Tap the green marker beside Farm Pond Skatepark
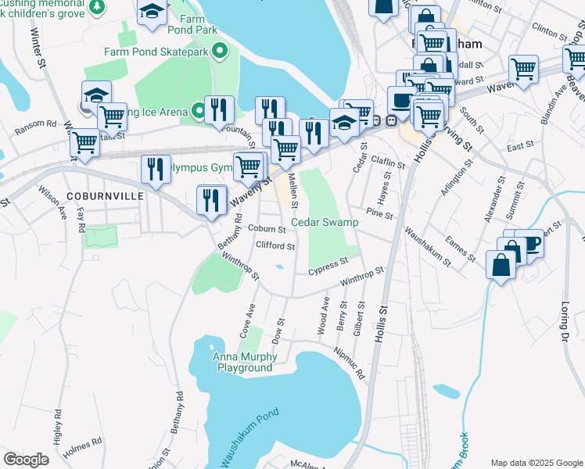220,52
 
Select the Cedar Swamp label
325,223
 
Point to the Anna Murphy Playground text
244,363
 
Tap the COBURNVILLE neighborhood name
105,196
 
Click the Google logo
26,460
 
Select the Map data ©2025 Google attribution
536,463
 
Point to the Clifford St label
275,246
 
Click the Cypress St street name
327,263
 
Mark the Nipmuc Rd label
350,363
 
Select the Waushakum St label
427,247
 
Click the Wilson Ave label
52,201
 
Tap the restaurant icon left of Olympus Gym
155,170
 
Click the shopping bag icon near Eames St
501,263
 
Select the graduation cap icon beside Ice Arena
96,95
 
